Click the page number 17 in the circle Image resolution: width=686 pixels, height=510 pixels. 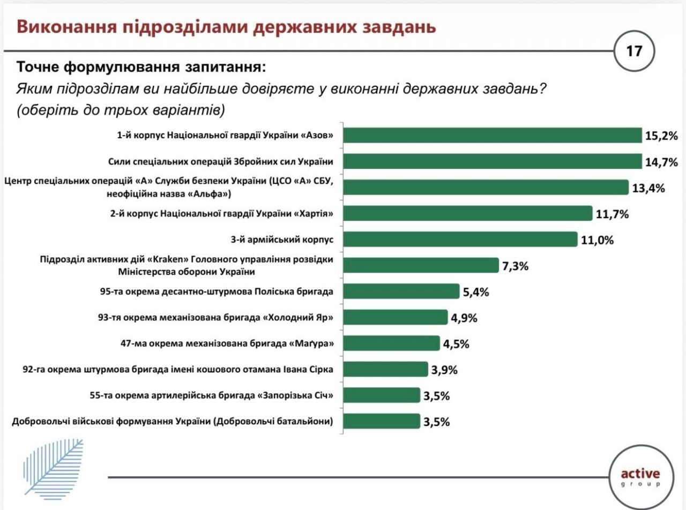tap(634, 51)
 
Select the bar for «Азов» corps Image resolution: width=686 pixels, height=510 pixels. tap(492, 136)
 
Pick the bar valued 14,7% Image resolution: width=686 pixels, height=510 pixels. tap(492, 161)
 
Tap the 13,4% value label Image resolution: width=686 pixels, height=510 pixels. tap(648, 187)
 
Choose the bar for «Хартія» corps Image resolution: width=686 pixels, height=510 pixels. tap(467, 213)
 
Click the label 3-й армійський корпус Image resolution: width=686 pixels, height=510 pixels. tap(277, 239)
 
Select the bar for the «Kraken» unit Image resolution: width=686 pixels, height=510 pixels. tap(421, 265)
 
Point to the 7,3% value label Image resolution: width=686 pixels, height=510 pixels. tap(515, 266)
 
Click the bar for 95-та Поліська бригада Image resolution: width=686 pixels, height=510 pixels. tap(401, 291)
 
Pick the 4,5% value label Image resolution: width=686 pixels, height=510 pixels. tap(456, 343)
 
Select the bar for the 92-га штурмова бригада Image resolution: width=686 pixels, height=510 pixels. tap(385, 369)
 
